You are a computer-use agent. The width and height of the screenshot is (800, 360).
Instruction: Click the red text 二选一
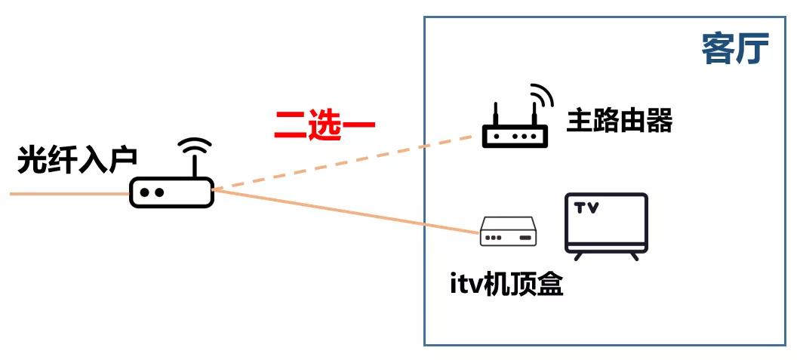tap(325, 125)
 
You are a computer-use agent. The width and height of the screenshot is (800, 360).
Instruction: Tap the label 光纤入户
tap(77, 161)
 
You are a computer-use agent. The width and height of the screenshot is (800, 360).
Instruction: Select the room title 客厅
tap(734, 50)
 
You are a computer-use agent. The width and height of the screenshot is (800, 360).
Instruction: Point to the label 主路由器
tap(619, 121)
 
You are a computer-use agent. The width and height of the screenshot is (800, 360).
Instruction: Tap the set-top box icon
tap(509, 233)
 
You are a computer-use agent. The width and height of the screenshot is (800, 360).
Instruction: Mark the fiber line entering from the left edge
tap(68, 194)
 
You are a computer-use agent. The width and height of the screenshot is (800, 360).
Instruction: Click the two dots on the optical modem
tap(151, 193)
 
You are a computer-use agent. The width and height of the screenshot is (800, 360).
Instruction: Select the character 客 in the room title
tap(718, 50)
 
